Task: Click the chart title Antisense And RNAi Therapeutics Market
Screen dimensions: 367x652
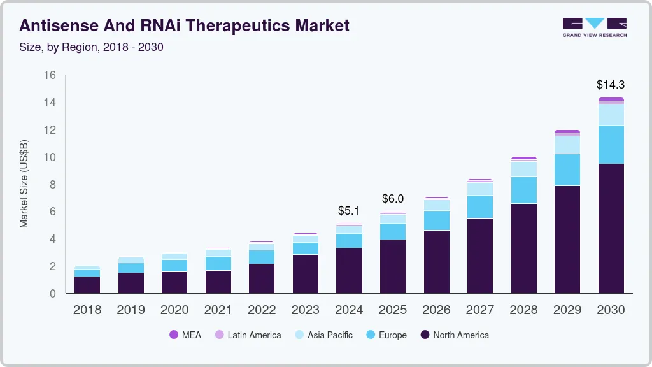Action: coord(185,25)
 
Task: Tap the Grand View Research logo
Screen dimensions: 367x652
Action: coord(594,27)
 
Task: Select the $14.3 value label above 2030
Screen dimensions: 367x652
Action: coord(610,84)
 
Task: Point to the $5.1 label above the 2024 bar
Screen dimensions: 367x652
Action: coord(349,210)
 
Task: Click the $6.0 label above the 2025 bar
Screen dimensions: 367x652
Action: coord(393,199)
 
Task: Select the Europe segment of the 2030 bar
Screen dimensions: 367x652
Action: coord(610,145)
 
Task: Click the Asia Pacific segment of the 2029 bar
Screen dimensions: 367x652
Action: coord(567,145)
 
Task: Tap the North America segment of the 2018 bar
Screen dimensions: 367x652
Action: coord(87,285)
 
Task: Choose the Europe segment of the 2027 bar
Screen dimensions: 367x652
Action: coord(479,206)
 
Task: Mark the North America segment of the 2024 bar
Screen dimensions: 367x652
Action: coord(349,270)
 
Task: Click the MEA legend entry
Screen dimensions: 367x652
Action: coord(185,335)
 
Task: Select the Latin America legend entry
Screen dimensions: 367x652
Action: coord(248,335)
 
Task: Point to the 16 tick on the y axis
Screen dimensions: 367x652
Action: coord(50,75)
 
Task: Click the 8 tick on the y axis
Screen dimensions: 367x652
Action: coord(53,185)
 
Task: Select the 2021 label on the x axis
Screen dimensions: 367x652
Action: coord(218,310)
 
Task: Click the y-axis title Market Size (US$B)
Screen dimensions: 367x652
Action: coord(24,183)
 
